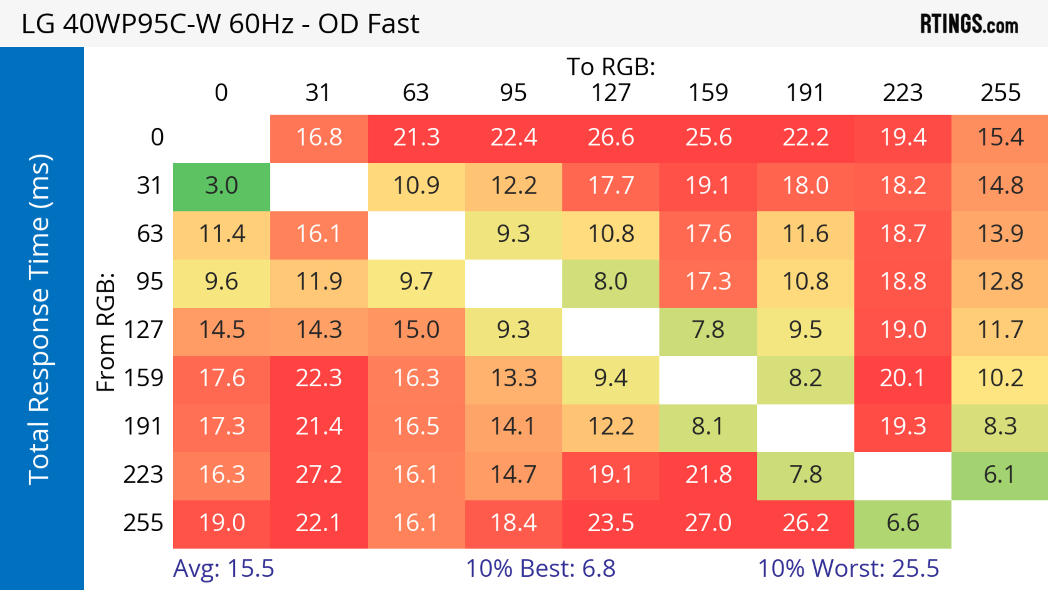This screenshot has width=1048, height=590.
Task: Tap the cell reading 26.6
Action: click(x=611, y=138)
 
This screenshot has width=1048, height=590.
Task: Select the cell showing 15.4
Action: click(x=1000, y=138)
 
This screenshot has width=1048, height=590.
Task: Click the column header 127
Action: click(x=611, y=93)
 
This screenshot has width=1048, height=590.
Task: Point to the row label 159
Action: click(x=144, y=378)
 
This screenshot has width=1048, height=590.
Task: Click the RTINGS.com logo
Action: click(x=969, y=24)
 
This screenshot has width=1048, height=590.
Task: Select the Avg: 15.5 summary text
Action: click(x=223, y=568)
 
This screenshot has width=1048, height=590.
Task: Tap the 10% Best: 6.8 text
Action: click(x=540, y=568)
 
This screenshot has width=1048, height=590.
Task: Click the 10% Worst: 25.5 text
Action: click(x=848, y=568)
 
